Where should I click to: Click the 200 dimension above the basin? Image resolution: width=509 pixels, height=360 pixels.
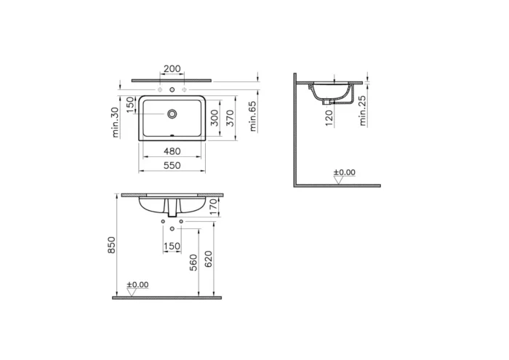(172, 69)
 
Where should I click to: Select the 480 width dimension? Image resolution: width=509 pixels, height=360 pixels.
(172, 152)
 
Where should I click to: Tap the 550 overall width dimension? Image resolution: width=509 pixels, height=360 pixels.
(172, 167)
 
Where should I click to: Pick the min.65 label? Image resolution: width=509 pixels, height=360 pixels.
(253, 115)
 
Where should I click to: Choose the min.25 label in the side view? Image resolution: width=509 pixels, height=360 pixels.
(362, 110)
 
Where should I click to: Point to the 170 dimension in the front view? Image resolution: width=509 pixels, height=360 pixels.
(214, 208)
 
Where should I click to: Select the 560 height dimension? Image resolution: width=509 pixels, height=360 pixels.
(193, 261)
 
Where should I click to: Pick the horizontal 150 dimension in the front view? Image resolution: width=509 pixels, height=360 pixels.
(172, 247)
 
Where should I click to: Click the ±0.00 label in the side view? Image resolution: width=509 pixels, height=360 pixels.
(344, 172)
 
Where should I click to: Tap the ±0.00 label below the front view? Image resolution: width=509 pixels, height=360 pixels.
(137, 284)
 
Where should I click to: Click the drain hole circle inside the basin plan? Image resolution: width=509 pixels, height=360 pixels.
(172, 114)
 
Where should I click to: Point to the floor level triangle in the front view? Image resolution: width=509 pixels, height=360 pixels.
(132, 292)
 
